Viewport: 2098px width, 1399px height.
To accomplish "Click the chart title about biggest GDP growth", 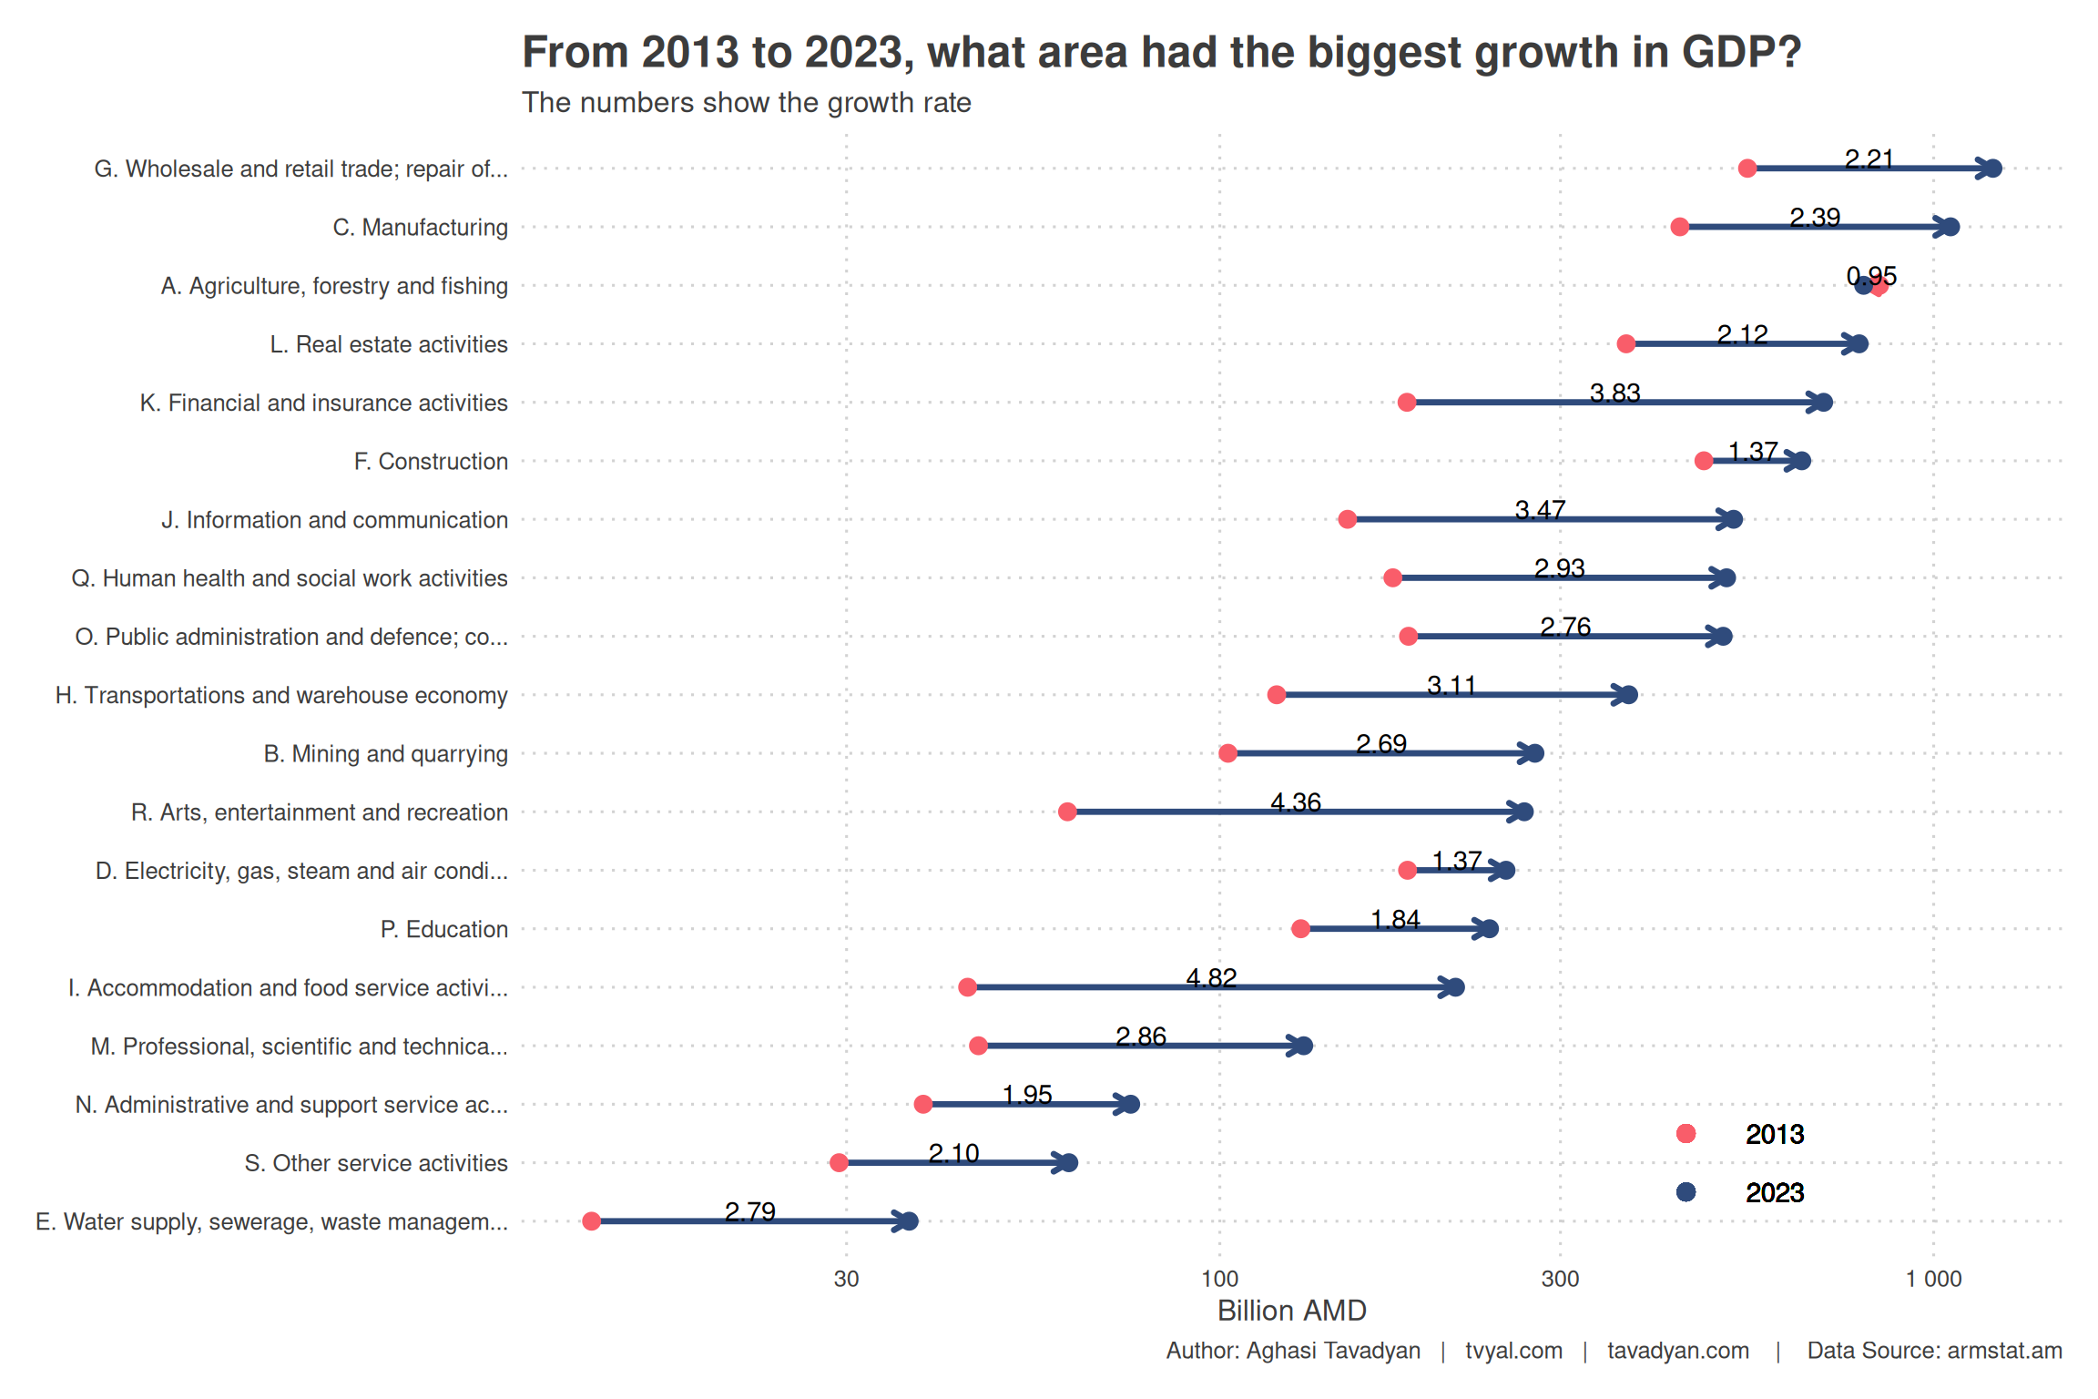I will (1161, 53).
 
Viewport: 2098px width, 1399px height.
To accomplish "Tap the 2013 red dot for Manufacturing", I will (1680, 227).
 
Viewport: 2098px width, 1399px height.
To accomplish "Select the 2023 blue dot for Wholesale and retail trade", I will (1993, 168).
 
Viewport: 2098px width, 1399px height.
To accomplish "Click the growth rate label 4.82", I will (1211, 978).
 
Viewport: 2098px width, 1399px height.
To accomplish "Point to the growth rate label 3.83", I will (1614, 393).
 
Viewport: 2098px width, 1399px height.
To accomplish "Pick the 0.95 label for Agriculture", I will (1871, 276).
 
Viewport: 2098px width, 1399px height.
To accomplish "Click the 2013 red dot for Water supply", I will (592, 1221).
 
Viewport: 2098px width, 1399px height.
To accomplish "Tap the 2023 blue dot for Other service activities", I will (1070, 1163).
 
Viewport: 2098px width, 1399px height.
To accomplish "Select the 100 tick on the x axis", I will (1219, 1279).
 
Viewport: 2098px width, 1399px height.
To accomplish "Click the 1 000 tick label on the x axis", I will (1933, 1279).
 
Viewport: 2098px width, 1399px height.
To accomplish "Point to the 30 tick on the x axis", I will (846, 1279).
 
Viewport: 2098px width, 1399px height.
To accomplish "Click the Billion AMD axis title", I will (1291, 1311).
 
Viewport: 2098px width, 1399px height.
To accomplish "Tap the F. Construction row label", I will (431, 462).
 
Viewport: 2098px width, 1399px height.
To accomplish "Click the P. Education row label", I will (443, 929).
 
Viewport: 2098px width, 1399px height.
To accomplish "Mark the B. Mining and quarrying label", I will (385, 754).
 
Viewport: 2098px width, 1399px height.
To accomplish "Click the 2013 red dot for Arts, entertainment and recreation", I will (1067, 812).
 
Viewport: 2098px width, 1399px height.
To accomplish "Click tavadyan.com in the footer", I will (1677, 1351).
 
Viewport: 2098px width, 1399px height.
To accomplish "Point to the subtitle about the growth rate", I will (746, 103).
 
